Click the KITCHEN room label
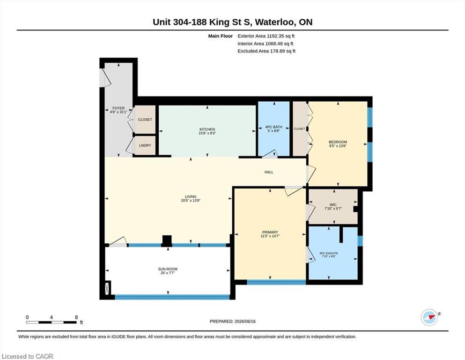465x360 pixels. [207, 129]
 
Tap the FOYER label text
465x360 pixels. [118, 108]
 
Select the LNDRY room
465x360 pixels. [145, 145]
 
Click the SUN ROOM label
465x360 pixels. [168, 269]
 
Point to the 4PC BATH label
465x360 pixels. [274, 127]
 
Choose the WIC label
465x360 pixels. [333, 205]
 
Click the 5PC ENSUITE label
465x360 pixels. [329, 254]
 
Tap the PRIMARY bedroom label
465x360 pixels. [270, 232]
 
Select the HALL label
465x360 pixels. [269, 172]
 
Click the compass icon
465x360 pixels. [429, 317]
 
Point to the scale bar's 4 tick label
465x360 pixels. [52, 317]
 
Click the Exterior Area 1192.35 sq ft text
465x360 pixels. [266, 36]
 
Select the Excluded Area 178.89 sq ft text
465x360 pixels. [266, 51]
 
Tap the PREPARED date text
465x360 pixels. [232, 322]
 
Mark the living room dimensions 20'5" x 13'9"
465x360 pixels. [191, 201]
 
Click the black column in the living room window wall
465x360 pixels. [167, 241]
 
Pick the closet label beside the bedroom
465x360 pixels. [300, 129]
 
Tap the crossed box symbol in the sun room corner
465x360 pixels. [108, 288]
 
